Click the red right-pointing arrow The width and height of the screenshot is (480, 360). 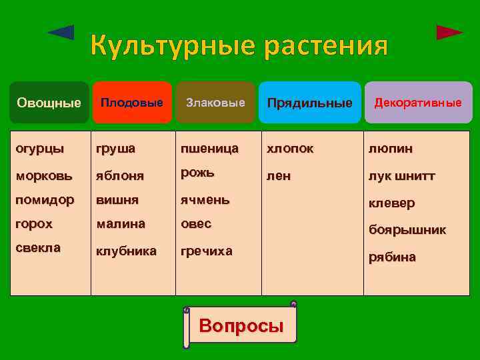pyautogui.click(x=449, y=32)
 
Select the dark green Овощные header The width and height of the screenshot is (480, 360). pyautogui.click(x=49, y=103)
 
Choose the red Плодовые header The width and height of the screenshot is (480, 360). pyautogui.click(x=131, y=103)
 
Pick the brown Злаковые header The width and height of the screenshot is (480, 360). pyautogui.click(x=215, y=103)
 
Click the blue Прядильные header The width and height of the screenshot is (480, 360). pyautogui.click(x=309, y=103)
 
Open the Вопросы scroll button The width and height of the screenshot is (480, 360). pyautogui.click(x=241, y=326)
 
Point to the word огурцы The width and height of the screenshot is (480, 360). pyautogui.click(x=40, y=148)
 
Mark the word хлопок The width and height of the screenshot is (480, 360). pyautogui.click(x=290, y=148)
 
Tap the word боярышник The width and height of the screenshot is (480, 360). pyautogui.click(x=407, y=230)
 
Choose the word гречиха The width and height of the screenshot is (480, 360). pyautogui.click(x=207, y=251)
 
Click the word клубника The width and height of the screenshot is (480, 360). pyautogui.click(x=127, y=251)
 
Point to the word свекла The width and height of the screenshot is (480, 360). pyautogui.click(x=38, y=247)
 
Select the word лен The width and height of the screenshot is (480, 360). pyautogui.click(x=279, y=176)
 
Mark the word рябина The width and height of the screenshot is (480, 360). pyautogui.click(x=392, y=257)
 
